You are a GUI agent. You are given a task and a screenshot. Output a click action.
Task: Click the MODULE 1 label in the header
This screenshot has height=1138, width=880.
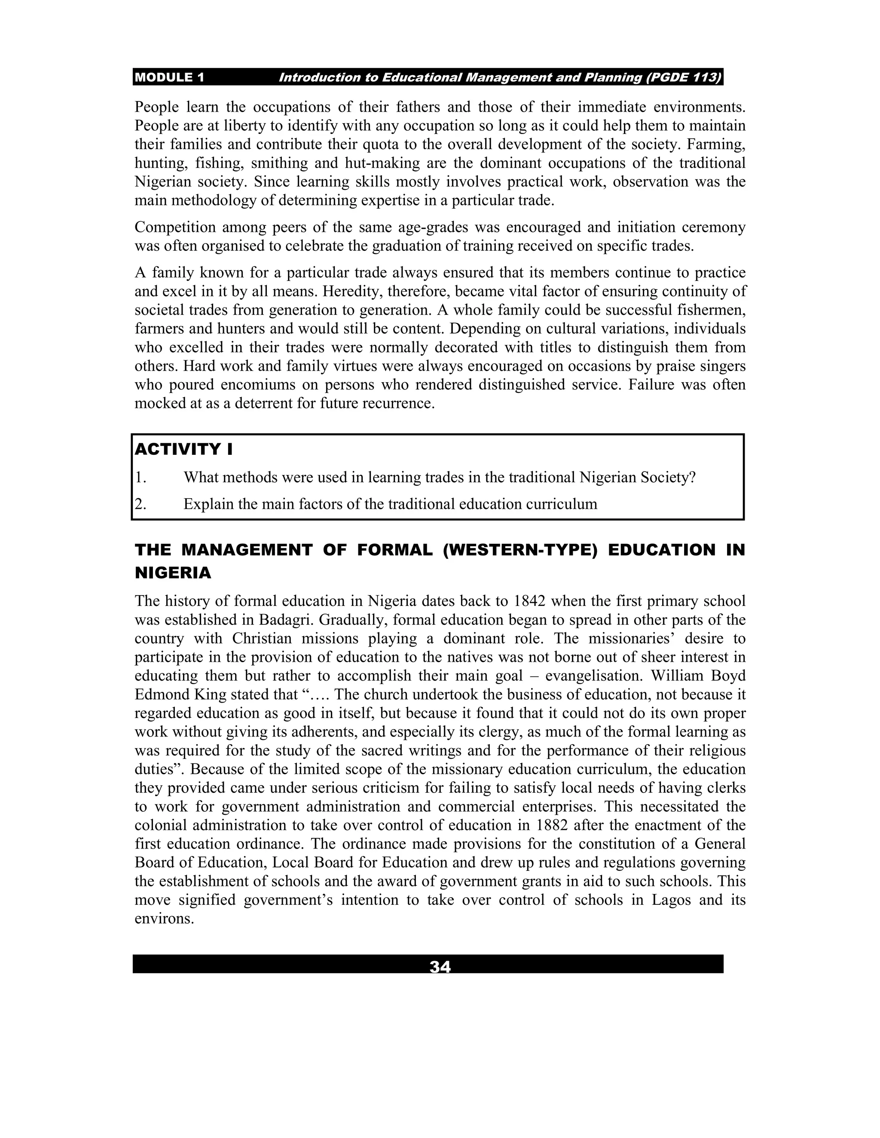pos(169,78)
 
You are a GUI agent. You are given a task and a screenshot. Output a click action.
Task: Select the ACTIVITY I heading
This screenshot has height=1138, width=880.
pos(183,449)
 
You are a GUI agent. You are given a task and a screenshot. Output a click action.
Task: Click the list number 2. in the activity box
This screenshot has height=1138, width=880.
pos(140,505)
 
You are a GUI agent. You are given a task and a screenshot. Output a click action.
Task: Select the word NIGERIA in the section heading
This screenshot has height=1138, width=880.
pos(173,573)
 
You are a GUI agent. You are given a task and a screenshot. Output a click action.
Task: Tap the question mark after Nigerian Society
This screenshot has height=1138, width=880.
pos(692,477)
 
